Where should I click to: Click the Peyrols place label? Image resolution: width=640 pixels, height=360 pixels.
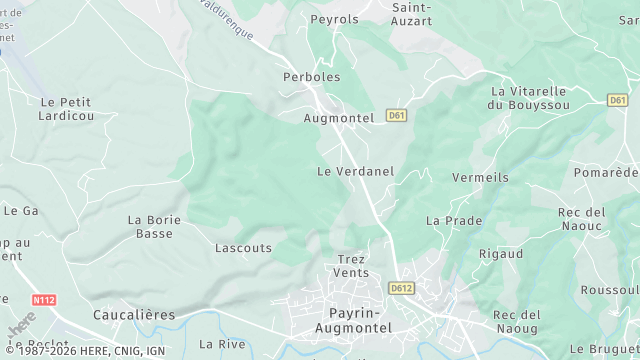coord(334,19)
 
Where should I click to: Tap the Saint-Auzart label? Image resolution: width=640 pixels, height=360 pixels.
coord(411,13)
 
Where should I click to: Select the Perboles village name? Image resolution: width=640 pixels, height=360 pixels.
coord(312,77)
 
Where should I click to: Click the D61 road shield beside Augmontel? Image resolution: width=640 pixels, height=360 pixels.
coord(397,116)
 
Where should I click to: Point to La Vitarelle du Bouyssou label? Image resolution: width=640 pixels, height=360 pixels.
coord(528,97)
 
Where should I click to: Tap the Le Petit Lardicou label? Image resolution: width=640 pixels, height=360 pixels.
coord(66,108)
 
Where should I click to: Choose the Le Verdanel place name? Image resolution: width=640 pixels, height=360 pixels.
coord(355,171)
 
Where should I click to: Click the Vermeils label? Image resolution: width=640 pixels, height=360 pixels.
coord(480,177)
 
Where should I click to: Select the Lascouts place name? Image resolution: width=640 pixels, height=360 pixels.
coord(243,247)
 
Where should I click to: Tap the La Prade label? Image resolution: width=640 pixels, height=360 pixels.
coord(454,220)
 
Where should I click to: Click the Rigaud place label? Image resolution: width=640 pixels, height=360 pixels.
coord(500,254)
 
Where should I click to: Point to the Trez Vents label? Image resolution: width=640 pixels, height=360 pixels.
coord(351,265)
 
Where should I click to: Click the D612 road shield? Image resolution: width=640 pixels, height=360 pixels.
coord(401,288)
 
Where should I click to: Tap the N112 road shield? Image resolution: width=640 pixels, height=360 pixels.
coord(43,299)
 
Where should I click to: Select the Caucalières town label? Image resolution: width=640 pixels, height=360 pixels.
coord(133,315)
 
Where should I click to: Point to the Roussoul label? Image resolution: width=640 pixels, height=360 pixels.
coord(609,289)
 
